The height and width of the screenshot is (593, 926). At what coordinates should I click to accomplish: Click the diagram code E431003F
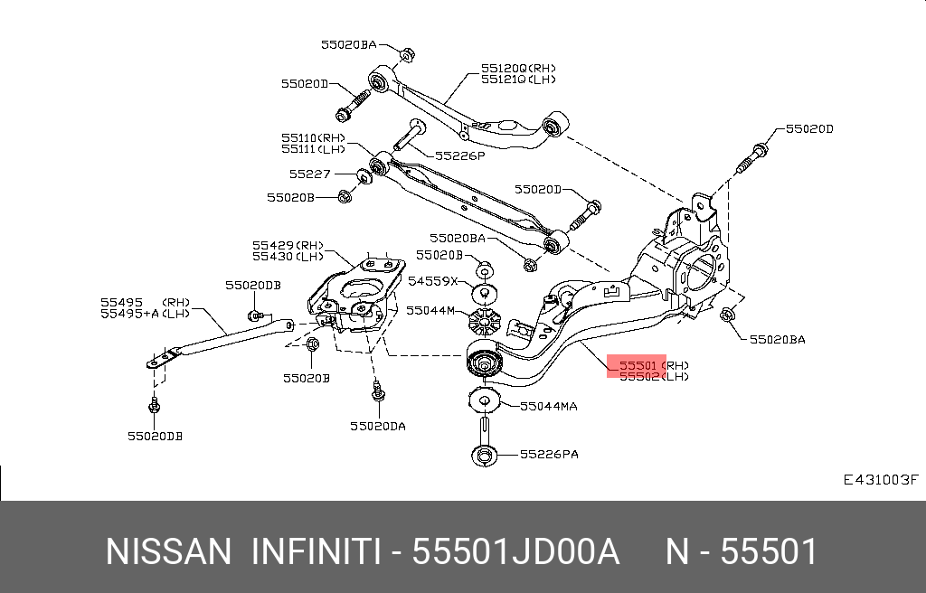pyautogui.click(x=880, y=480)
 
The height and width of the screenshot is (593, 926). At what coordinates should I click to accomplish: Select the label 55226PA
pyautogui.click(x=548, y=454)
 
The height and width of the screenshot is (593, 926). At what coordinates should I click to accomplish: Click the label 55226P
pyautogui.click(x=460, y=155)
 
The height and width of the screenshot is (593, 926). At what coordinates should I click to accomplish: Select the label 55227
pyautogui.click(x=310, y=174)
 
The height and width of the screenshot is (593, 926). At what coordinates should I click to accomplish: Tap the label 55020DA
pyautogui.click(x=379, y=425)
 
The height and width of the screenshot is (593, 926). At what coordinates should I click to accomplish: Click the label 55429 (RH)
pyautogui.click(x=288, y=245)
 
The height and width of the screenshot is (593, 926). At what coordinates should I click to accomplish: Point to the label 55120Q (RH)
pyautogui.click(x=518, y=67)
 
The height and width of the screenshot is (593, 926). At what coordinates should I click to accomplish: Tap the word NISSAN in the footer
pyautogui.click(x=168, y=551)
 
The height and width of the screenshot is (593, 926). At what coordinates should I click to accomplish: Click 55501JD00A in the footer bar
pyautogui.click(x=515, y=551)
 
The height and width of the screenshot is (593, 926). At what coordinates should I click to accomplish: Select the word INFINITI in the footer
pyautogui.click(x=315, y=551)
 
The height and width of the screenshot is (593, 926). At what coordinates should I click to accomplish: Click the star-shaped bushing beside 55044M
pyautogui.click(x=484, y=322)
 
